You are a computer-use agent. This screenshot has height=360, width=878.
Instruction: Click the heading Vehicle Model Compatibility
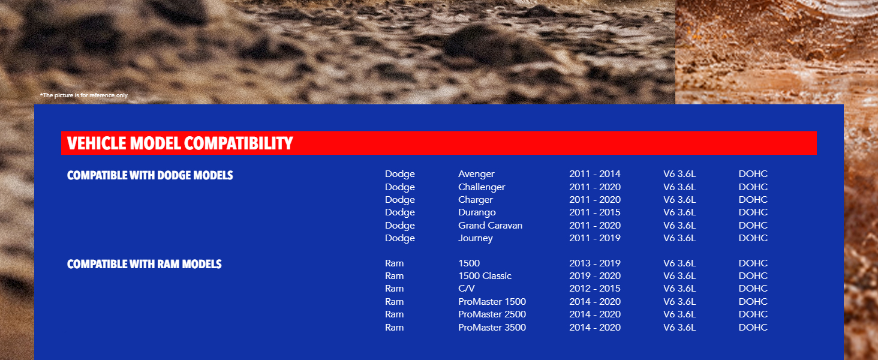click(x=180, y=143)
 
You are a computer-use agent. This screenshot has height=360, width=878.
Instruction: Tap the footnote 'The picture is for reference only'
click(x=85, y=95)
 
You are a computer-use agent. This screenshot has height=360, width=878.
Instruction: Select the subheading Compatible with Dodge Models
click(x=150, y=175)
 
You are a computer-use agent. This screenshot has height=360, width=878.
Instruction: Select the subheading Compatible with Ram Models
click(x=145, y=265)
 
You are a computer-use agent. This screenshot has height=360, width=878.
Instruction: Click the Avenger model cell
click(x=476, y=174)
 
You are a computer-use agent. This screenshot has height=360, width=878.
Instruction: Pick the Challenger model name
click(x=482, y=187)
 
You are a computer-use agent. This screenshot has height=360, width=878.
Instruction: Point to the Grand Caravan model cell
click(x=491, y=226)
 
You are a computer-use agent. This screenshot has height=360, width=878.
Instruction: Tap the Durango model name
click(x=477, y=212)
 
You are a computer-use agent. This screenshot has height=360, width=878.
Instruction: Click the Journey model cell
click(x=476, y=238)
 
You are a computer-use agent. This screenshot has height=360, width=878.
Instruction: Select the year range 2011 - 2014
click(x=595, y=174)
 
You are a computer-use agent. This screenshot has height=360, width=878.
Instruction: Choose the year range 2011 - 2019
click(x=595, y=238)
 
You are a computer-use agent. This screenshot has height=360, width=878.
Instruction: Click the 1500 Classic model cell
click(x=485, y=275)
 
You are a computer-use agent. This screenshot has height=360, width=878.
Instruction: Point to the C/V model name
click(x=467, y=288)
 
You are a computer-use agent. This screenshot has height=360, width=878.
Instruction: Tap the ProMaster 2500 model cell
click(x=492, y=314)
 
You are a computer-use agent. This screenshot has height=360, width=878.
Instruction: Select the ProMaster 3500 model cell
click(x=492, y=328)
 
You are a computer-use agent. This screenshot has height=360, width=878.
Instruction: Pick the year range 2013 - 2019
click(x=595, y=263)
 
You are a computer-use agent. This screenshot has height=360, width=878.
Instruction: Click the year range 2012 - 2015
click(x=595, y=288)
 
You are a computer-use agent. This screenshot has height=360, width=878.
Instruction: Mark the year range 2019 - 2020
click(x=595, y=275)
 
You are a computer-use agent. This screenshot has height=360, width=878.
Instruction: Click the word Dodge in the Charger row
click(x=400, y=200)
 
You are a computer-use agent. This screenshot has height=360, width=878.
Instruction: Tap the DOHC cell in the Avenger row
click(x=753, y=174)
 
